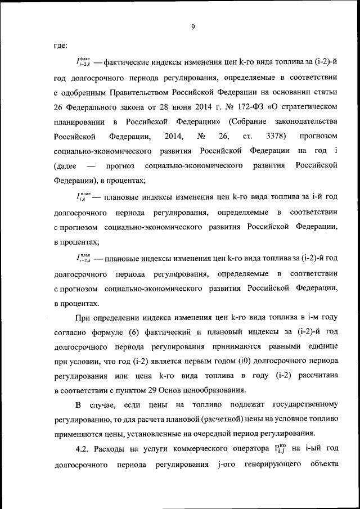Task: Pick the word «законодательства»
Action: click(304, 121)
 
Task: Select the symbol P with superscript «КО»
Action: click(280, 449)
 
